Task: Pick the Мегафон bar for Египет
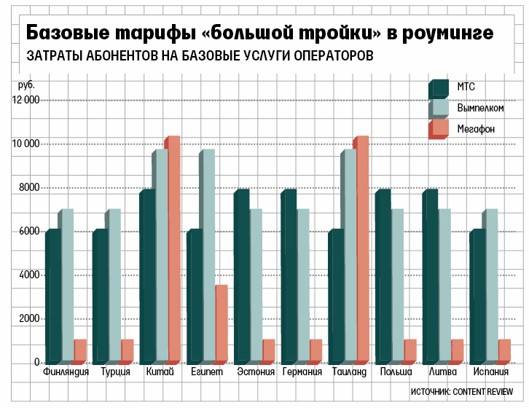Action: point(221,323)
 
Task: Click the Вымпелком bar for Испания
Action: point(490,286)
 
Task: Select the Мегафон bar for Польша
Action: point(410,350)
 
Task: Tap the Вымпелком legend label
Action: point(480,109)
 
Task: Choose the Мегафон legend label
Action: point(476,129)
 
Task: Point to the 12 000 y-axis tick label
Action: point(26,100)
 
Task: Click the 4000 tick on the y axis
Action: point(28,275)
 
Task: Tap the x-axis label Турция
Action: point(116,372)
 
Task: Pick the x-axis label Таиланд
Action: point(349,372)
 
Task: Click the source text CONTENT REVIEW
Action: point(483,391)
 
